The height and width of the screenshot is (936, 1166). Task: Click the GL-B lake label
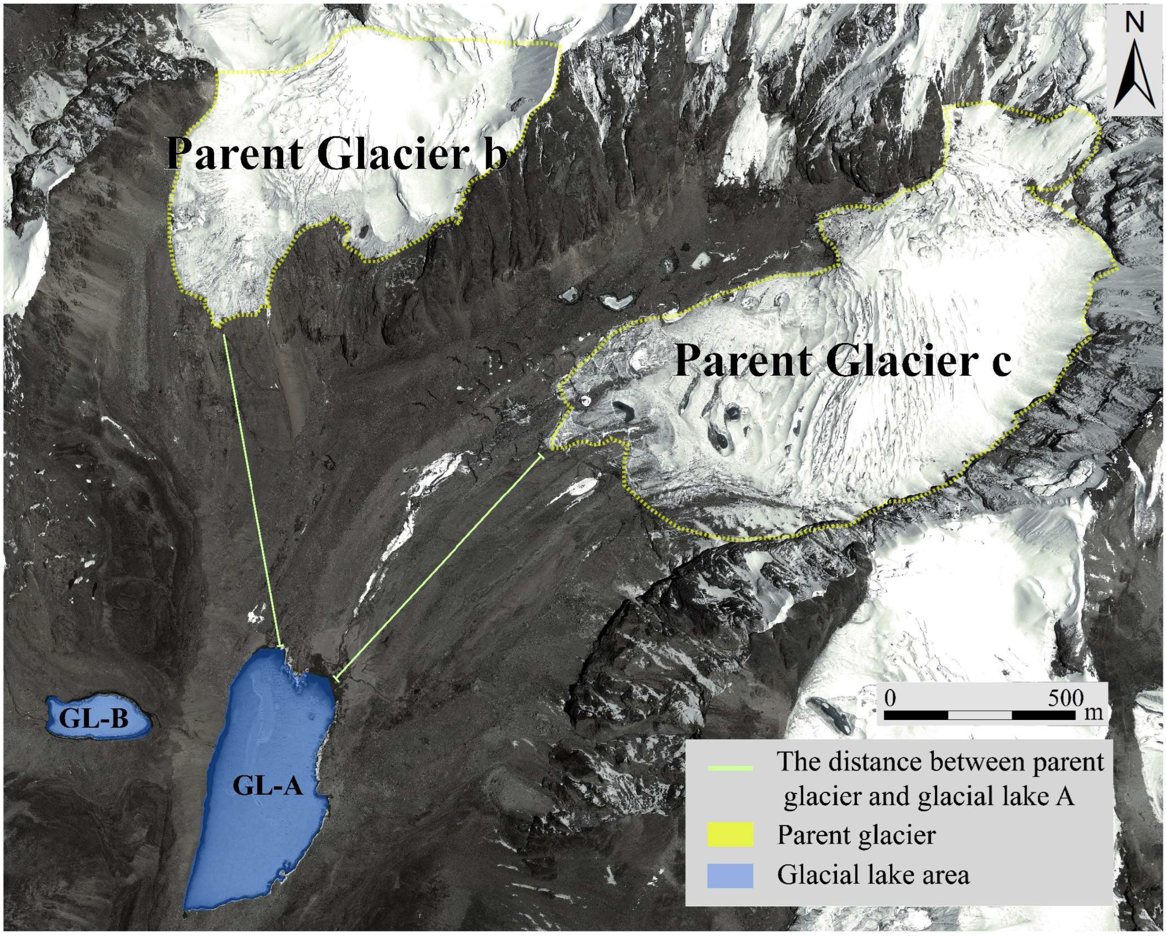[93, 720]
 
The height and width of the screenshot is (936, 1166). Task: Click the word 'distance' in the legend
[876, 762]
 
